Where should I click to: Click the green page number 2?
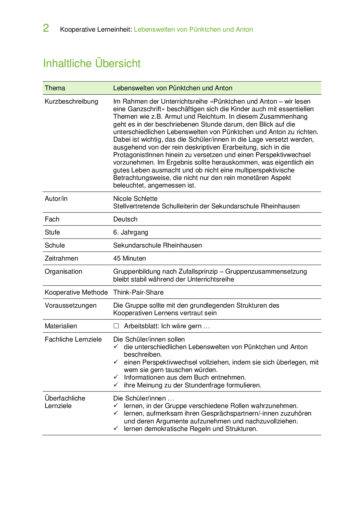coord(46,28)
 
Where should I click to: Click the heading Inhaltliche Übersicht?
coord(92,63)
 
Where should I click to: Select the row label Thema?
coord(55,88)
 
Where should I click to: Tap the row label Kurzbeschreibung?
coord(71,102)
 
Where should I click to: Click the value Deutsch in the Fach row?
coord(125,219)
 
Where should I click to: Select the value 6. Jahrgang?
coord(131,232)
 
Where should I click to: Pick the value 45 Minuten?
coord(129,259)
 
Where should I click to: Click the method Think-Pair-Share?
coord(138,293)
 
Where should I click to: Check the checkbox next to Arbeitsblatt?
coord(116,326)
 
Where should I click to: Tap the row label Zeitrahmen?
coord(61,259)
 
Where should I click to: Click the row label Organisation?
coord(63,272)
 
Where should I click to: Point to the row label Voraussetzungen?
coord(71,306)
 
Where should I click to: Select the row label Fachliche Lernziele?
coord(73,340)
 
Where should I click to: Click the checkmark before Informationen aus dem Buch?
coord(116,377)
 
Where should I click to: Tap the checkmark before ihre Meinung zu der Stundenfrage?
coord(116,385)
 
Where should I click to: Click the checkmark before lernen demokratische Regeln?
coord(116,428)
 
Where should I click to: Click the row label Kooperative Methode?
coord(76,293)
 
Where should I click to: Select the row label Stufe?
coord(52,232)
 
